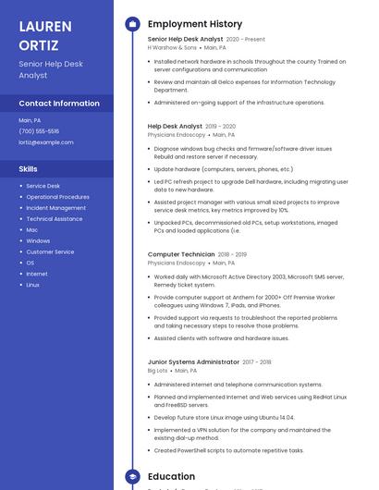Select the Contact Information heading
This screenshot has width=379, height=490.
[59, 104]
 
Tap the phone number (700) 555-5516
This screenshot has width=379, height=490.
[39, 131]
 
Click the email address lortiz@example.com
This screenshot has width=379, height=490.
[46, 142]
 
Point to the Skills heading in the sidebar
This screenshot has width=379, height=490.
[29, 169]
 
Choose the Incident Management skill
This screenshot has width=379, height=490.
[55, 208]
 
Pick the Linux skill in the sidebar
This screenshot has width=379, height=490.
[33, 285]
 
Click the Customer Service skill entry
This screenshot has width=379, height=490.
[50, 251]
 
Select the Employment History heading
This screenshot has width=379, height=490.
[195, 24]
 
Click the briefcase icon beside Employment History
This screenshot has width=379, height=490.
[132, 24]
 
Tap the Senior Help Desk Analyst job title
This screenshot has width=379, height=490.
[185, 40]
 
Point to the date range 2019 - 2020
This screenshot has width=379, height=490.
[220, 126]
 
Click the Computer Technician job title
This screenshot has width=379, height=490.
[181, 254]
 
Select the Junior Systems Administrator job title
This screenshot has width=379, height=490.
[194, 362]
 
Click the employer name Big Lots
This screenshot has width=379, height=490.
[158, 371]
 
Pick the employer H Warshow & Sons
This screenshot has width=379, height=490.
[172, 48]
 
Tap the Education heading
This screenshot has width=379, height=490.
[172, 477]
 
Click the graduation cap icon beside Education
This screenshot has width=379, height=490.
[132, 477]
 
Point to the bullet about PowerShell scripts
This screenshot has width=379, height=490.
[229, 450]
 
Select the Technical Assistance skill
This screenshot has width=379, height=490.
[55, 219]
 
